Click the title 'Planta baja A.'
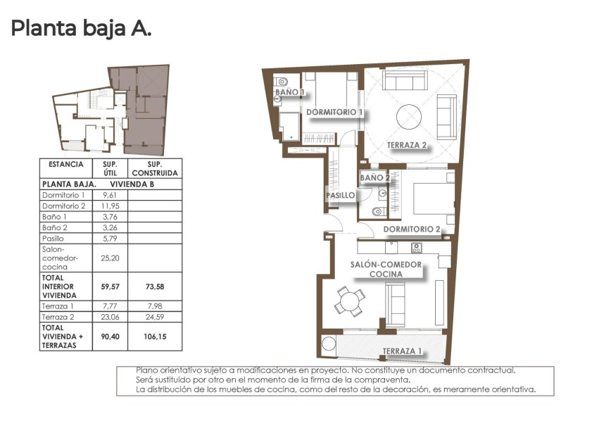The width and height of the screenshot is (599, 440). pyautogui.click(x=81, y=30)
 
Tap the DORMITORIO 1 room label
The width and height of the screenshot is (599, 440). pyautogui.click(x=334, y=112)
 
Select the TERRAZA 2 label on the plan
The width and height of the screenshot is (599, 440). pyautogui.click(x=407, y=146)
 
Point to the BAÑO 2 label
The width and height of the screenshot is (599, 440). pyautogui.click(x=374, y=178)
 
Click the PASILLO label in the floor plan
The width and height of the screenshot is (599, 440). pyautogui.click(x=340, y=195)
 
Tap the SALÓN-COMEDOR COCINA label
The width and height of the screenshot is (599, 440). pyautogui.click(x=386, y=269)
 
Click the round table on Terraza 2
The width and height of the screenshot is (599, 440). pyautogui.click(x=408, y=115)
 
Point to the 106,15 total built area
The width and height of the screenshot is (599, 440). pyautogui.click(x=156, y=337)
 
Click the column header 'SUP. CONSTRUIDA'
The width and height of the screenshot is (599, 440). pyautogui.click(x=156, y=168)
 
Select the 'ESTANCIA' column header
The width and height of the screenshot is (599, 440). pyautogui.click(x=66, y=165)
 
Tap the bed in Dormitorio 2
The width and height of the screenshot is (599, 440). pyautogui.click(x=431, y=199)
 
